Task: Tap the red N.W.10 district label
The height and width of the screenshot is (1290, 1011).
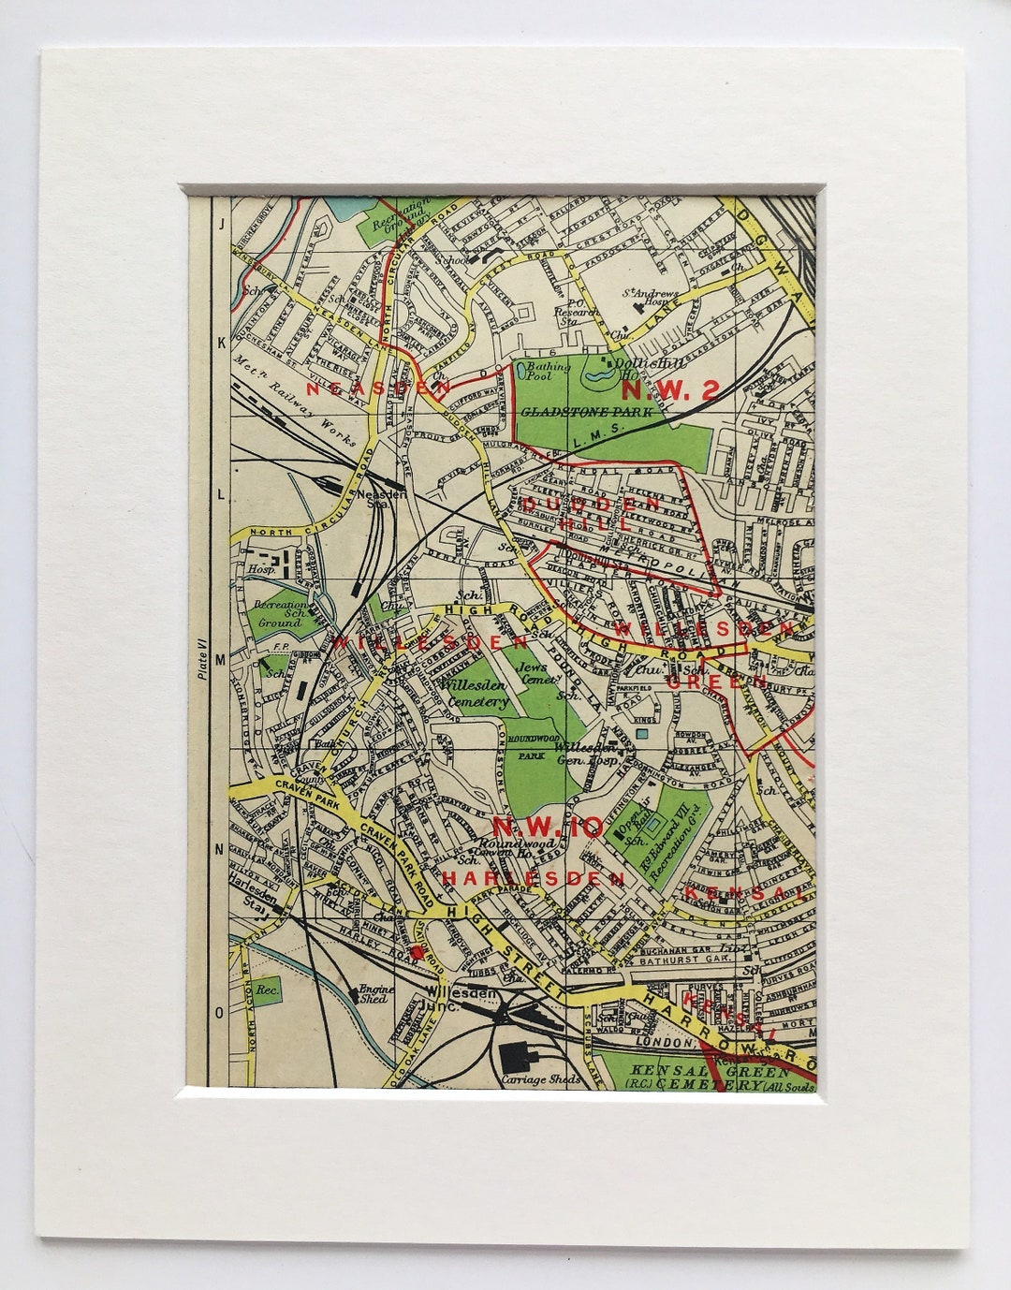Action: [x=548, y=827]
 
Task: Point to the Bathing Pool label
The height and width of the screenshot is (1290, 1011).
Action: [x=548, y=372]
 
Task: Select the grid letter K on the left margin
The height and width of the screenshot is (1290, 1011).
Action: [x=221, y=343]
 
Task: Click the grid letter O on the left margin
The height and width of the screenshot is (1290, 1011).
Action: [x=220, y=1013]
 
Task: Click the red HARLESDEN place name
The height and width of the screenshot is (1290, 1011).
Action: [x=533, y=878]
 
